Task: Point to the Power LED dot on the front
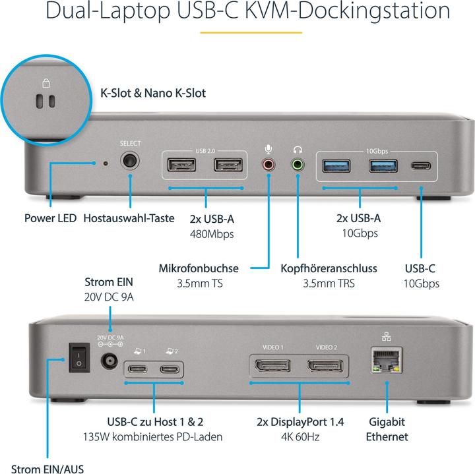(x=105, y=162)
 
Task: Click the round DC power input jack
(x=108, y=362)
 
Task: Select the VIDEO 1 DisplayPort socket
(x=272, y=367)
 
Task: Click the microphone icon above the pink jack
(x=269, y=149)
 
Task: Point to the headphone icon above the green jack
(x=298, y=149)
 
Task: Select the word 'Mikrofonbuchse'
(x=199, y=268)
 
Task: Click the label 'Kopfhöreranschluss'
(x=329, y=268)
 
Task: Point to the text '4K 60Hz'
(x=300, y=436)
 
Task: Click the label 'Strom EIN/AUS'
(x=42, y=469)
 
